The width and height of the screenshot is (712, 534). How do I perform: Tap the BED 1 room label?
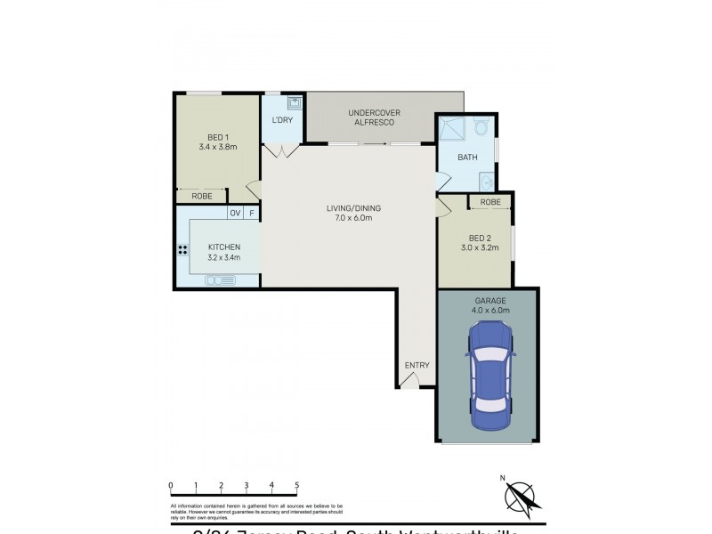point(217,142)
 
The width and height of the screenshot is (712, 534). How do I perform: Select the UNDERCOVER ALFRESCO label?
point(375,117)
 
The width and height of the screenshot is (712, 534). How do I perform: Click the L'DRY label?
point(282,121)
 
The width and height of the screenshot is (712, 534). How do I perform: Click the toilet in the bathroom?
point(482,128)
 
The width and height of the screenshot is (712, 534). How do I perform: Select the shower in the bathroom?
point(450,131)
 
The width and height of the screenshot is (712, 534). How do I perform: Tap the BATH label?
point(467,158)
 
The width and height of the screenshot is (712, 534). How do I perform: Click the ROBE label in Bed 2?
point(490,202)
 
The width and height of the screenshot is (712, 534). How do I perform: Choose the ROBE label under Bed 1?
point(201,196)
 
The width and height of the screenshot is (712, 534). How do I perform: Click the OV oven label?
point(235,213)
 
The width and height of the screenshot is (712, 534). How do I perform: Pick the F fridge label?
point(252,213)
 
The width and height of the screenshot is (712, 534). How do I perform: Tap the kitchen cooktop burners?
point(183,249)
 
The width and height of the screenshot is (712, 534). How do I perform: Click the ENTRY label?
point(417,365)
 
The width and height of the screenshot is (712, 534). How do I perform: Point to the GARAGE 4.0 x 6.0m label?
point(488,306)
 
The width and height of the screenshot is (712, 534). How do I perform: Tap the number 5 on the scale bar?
point(297,485)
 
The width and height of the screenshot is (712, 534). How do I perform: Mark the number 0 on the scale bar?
point(170,485)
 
